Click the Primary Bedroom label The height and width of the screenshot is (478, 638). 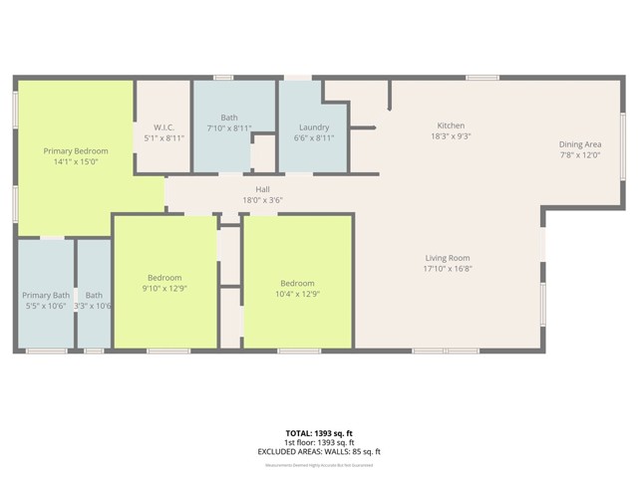[x=76, y=150]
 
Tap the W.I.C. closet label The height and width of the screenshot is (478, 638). [x=164, y=127]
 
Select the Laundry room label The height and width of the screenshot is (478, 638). [x=314, y=127]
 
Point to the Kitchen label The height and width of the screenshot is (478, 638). [x=451, y=125]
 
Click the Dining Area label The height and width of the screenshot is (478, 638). [x=579, y=144]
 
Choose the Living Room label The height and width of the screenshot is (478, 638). [x=448, y=258]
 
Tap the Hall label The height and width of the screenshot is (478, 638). [x=263, y=188]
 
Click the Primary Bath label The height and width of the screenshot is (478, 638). [x=46, y=295]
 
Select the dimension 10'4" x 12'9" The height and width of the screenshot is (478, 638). [x=297, y=294]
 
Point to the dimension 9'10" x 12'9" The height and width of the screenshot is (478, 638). [x=164, y=289]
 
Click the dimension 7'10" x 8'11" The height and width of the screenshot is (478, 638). [x=229, y=128]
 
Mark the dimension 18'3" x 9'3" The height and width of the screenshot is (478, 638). [x=451, y=136]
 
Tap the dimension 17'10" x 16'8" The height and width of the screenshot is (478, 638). [x=448, y=269]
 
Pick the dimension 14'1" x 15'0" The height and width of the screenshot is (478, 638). [x=76, y=161]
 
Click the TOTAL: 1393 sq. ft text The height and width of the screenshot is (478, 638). [x=319, y=433]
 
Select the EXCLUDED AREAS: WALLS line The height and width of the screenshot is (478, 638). [x=319, y=451]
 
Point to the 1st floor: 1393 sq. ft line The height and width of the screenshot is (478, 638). [x=319, y=442]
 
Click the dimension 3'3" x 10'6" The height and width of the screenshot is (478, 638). [x=94, y=306]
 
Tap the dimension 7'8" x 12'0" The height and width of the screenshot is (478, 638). [x=579, y=155]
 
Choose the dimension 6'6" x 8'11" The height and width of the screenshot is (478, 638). [x=314, y=138]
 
